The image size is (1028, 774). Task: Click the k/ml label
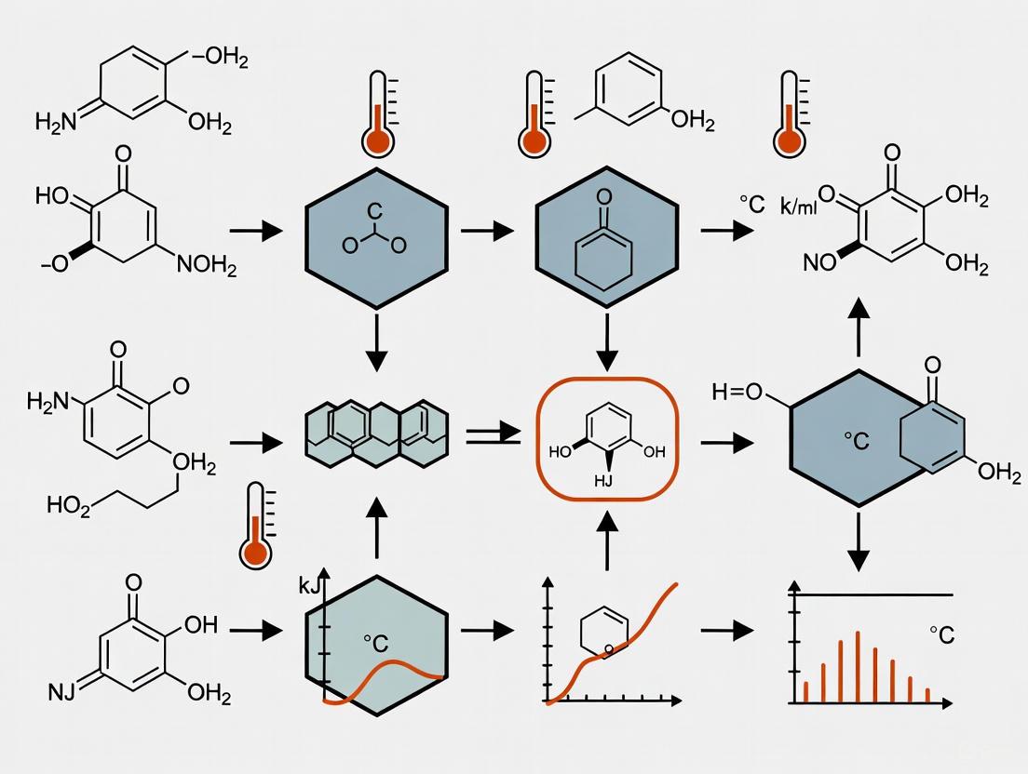tap(798, 207)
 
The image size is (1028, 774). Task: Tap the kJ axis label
tap(308, 586)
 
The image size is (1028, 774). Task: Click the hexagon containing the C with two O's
tap(375, 238)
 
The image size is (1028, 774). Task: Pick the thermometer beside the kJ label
tap(256, 526)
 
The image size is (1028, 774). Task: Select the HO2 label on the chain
tap(68, 504)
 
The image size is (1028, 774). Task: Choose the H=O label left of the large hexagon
tap(737, 392)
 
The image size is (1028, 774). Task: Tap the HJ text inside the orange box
tap(606, 481)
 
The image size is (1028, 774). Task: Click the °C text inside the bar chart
tap(941, 635)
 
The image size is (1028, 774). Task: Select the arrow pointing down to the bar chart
tap(858, 548)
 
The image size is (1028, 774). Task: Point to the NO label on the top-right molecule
tap(820, 263)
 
